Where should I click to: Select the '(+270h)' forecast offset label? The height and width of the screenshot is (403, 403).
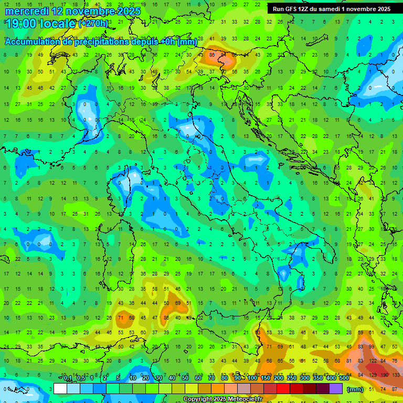pos(93,23)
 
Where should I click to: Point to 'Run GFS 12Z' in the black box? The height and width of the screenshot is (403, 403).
pos(291,9)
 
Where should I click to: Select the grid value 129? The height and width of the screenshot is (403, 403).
pos(373,375)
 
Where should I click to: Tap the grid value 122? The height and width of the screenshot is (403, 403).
pos(373,361)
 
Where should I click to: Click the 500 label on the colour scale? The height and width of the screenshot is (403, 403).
pos(344,378)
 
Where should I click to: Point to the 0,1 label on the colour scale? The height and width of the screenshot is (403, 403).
pos(68,378)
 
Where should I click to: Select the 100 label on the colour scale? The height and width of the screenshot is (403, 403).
pos(252,378)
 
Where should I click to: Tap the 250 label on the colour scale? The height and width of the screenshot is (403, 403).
pos(291,378)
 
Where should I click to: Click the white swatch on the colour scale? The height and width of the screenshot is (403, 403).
pos(60,389)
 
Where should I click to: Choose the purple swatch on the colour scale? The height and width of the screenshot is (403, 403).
pos(336,389)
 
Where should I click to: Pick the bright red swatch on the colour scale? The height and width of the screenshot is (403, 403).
pos(283,389)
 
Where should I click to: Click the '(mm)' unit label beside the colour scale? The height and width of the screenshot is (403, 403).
pos(355,389)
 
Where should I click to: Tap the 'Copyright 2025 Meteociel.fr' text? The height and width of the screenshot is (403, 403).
pos(222,399)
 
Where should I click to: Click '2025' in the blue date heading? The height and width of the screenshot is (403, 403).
pos(129,10)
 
